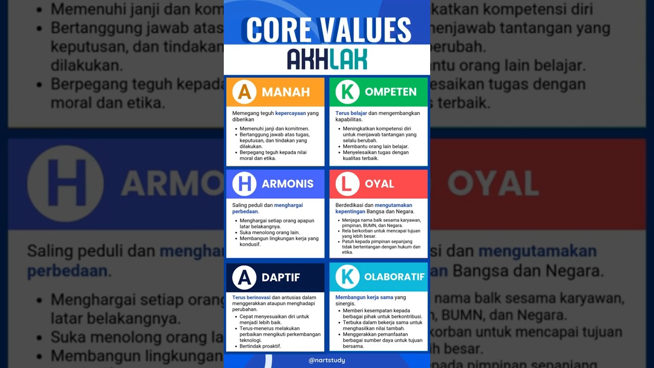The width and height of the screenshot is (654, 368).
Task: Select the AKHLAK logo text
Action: (327, 59)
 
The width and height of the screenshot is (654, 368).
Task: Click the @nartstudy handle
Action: (327, 360)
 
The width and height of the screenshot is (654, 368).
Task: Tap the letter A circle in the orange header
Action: (244, 92)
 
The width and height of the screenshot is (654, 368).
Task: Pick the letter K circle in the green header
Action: (347, 92)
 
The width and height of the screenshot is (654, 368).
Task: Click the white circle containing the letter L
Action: (347, 184)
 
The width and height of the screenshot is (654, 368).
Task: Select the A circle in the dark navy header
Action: (244, 278)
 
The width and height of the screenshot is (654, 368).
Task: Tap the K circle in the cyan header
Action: (347, 277)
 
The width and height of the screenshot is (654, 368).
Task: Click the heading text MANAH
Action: (286, 93)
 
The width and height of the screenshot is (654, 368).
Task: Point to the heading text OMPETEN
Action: (390, 93)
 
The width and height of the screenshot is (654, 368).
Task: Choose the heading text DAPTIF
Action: (281, 278)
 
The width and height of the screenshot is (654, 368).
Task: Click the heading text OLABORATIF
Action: (394, 277)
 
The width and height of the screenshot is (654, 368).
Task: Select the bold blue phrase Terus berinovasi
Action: (251, 297)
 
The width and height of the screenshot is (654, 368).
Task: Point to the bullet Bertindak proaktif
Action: (260, 346)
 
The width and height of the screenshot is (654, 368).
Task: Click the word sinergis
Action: (345, 304)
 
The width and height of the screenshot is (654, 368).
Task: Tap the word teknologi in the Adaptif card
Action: (250, 340)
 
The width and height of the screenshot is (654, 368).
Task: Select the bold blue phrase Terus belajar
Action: (351, 113)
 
